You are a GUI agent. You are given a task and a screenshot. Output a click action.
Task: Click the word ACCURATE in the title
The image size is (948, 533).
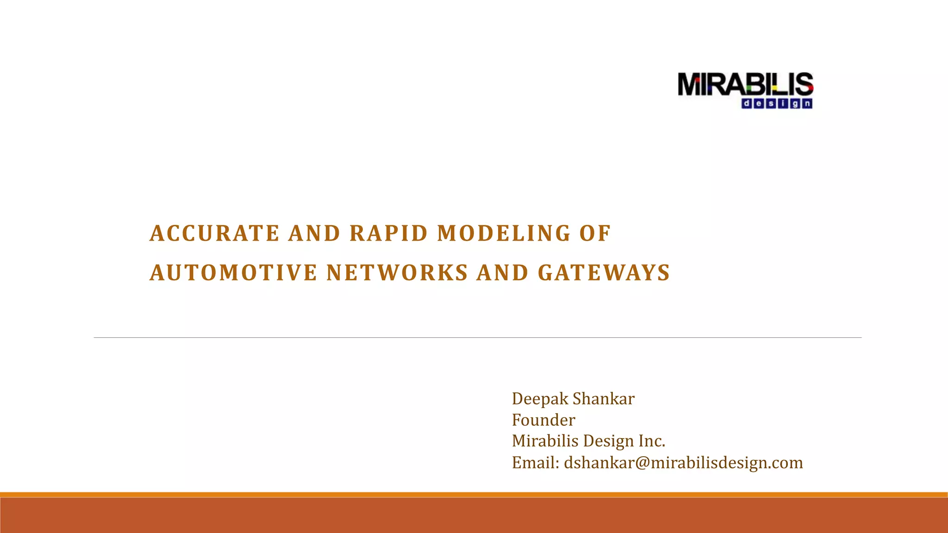(x=214, y=234)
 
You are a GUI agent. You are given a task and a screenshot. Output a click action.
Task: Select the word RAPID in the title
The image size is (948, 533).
(x=389, y=234)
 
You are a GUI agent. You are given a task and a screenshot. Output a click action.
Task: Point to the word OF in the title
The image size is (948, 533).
(x=595, y=234)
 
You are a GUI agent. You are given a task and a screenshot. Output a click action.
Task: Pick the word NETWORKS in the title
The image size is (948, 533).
(x=397, y=273)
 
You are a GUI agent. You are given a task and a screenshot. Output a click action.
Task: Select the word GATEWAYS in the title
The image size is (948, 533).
(x=604, y=273)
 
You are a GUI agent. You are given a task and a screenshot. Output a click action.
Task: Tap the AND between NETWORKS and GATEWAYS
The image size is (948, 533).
(x=503, y=273)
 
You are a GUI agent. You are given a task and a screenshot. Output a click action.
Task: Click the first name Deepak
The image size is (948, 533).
(x=540, y=399)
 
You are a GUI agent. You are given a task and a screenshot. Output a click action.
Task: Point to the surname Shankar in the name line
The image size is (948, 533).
(x=604, y=399)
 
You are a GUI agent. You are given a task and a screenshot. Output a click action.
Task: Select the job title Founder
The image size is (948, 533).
(x=543, y=420)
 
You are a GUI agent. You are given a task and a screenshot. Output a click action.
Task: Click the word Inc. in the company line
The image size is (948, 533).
(x=652, y=441)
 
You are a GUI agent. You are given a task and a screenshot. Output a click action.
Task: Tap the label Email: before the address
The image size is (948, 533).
(x=536, y=463)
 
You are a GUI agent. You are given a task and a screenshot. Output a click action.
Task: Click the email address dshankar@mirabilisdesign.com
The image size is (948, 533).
(x=683, y=463)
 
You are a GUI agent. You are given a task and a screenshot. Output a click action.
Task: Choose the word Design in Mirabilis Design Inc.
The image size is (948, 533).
(x=609, y=441)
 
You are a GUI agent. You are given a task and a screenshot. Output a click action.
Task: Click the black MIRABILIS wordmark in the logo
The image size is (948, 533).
(x=745, y=85)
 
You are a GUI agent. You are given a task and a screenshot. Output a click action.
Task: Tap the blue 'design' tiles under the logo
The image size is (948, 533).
(x=777, y=104)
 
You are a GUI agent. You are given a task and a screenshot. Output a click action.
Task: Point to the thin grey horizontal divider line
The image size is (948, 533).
(x=477, y=338)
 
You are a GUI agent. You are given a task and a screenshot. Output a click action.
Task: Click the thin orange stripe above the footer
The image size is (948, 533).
(x=474, y=495)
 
